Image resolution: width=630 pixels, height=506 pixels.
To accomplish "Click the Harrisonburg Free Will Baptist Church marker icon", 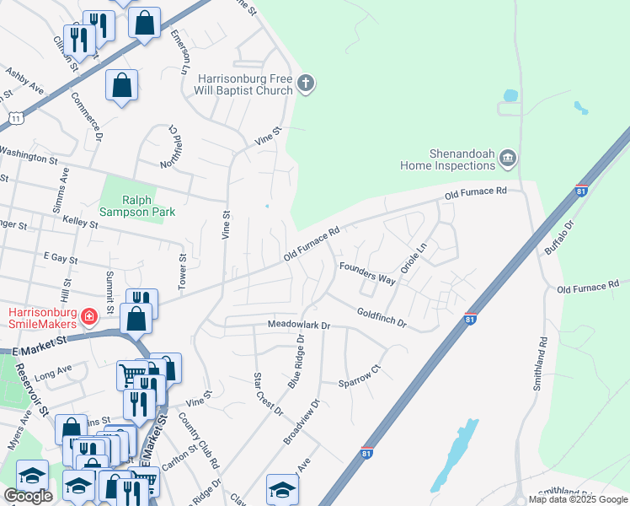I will pos(306,83).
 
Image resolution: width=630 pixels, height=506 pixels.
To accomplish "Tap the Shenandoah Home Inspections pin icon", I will pos(508,157).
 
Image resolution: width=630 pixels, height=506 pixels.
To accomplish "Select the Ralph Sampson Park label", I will pos(137,206).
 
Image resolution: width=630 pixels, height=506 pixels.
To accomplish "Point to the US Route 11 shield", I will pos(15,119).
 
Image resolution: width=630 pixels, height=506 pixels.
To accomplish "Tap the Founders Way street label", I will pos(367,272).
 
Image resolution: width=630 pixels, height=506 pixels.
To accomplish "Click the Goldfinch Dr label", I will pos(382,318).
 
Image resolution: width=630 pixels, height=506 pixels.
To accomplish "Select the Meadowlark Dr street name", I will pos(302,325).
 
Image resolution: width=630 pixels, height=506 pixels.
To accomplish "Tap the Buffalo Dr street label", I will pos(558,238).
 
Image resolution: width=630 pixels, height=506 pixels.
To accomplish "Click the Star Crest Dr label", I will pos(268,391).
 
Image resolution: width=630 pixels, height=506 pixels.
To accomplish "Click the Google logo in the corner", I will pos(28,496).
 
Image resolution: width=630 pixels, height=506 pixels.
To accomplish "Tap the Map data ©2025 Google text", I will pos(578,499).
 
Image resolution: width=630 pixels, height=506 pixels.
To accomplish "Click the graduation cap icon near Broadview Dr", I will pos(282,487).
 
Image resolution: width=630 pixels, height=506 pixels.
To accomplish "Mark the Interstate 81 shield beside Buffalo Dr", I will pos(581,191).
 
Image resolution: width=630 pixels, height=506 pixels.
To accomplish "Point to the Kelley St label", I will pos(82,219).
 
